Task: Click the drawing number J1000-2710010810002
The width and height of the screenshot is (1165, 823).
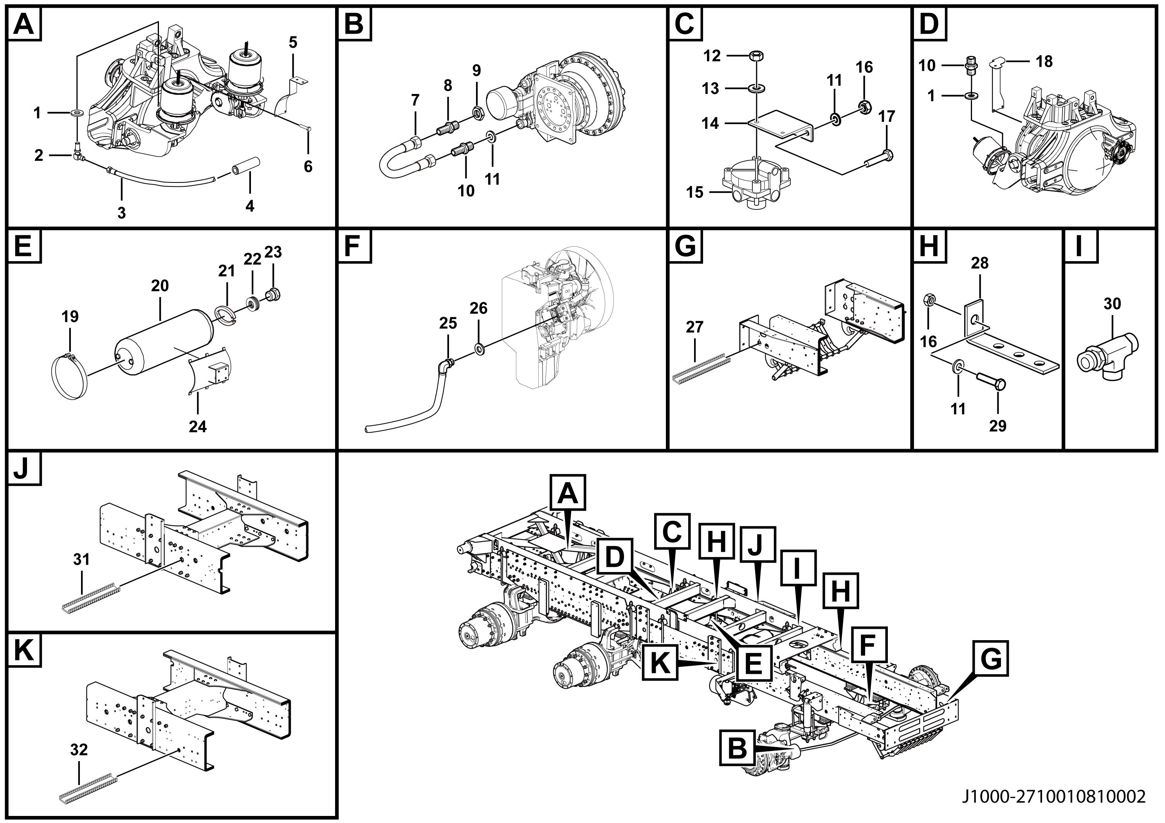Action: [1053, 797]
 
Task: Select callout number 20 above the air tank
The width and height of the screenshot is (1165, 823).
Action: [159, 286]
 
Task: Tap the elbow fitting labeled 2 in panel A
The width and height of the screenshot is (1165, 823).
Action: [77, 152]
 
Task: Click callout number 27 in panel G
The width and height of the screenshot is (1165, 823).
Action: [694, 327]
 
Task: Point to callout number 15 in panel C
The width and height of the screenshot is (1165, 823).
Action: [694, 192]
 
